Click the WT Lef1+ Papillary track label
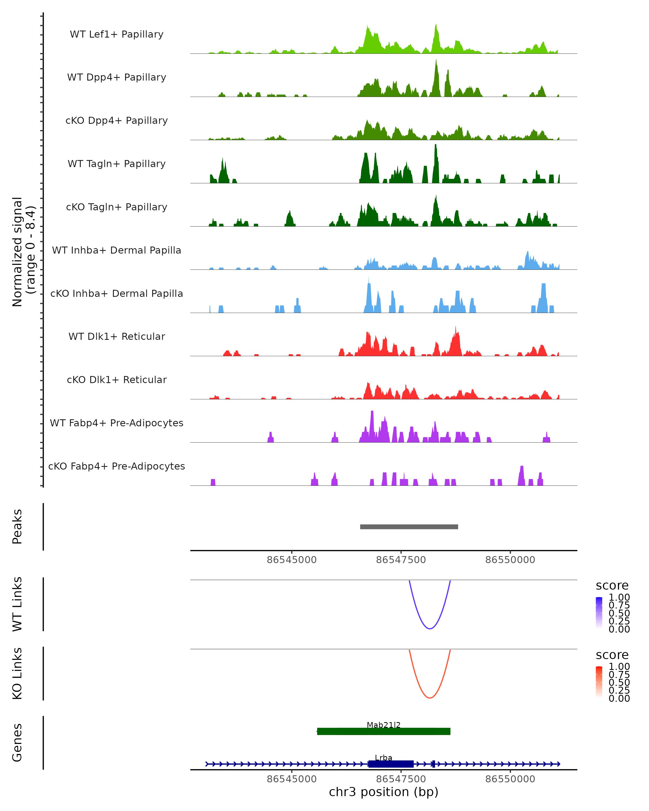[x=117, y=34]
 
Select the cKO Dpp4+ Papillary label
[x=117, y=120]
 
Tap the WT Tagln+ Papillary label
[x=117, y=164]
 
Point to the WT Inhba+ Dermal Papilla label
[x=117, y=250]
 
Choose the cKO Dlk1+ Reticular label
[x=117, y=380]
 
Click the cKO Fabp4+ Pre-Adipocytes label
[x=117, y=466]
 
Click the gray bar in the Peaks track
[x=409, y=527]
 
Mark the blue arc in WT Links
[x=430, y=628]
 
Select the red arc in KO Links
[x=430, y=697]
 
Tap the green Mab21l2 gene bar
[x=384, y=731]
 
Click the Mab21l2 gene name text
[x=384, y=725]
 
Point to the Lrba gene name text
[x=384, y=757]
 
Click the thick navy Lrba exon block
[x=391, y=764]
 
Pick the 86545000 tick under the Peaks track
[x=292, y=560]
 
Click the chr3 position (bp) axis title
[x=384, y=792]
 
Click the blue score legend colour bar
[x=599, y=613]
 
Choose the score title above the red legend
[x=612, y=655]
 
